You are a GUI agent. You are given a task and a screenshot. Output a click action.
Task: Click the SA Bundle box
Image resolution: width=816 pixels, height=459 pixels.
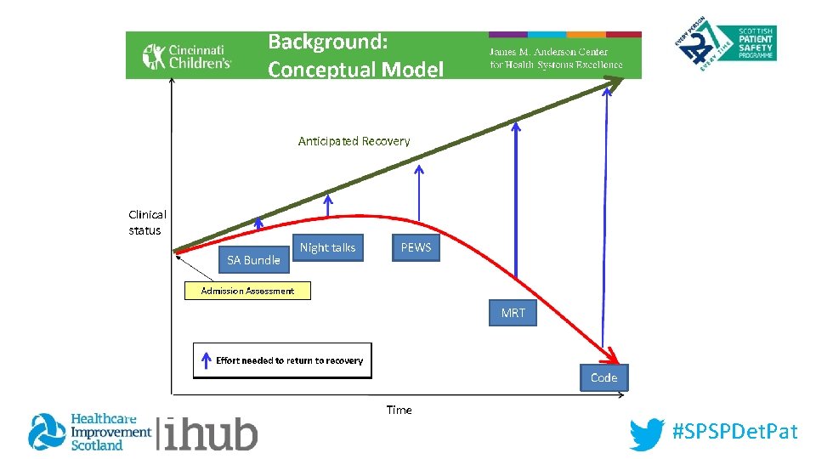tap(253, 260)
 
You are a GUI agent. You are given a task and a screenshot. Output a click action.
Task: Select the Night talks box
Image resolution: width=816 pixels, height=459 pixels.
tap(327, 247)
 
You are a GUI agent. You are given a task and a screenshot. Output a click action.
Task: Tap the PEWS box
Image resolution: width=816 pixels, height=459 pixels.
tap(416, 247)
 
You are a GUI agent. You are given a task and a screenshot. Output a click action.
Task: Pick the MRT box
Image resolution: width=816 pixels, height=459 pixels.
tap(513, 313)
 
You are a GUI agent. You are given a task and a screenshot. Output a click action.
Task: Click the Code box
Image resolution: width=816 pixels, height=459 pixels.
tap(603, 377)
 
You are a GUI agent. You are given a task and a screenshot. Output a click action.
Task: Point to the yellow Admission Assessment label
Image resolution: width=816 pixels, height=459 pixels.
tap(247, 291)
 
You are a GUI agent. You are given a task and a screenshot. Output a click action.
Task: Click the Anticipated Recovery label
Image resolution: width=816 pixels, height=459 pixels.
tap(354, 141)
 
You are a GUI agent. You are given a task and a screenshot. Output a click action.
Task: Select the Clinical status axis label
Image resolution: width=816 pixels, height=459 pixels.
tap(147, 223)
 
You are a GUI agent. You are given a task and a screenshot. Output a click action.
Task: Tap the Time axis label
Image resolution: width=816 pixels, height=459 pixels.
tap(399, 410)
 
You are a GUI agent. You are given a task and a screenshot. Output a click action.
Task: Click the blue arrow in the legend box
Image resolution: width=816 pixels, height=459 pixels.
tap(205, 361)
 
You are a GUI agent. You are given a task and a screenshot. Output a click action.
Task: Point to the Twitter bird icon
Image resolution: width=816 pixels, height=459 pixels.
tap(647, 433)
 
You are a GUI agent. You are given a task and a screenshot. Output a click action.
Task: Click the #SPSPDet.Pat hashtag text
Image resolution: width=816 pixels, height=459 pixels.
tap(735, 432)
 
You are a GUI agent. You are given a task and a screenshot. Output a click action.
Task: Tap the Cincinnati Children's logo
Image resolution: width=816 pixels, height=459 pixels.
tap(187, 56)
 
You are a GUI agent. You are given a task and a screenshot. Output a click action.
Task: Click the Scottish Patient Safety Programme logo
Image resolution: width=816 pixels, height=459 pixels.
tap(728, 48)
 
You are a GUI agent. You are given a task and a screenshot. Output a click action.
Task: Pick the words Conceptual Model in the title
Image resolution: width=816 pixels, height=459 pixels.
tap(355, 69)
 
